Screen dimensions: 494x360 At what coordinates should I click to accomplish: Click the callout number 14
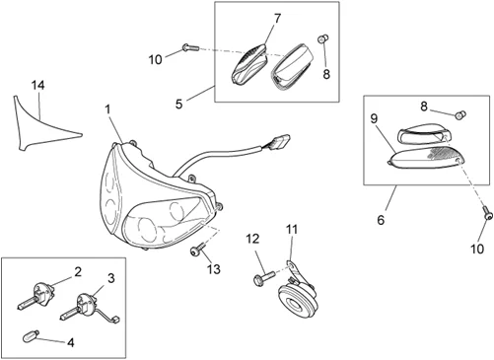37,85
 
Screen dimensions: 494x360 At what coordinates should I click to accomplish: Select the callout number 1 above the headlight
108,109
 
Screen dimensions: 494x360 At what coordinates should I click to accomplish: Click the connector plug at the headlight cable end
280,141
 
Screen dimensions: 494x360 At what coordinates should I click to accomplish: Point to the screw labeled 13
198,250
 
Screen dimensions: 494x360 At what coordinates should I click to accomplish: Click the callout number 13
214,269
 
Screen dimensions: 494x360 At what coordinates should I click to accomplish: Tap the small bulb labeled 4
31,337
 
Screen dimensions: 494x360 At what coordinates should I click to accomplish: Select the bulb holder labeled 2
35,297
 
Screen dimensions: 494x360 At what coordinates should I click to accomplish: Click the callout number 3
111,278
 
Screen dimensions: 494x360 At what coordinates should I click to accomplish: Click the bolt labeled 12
264,277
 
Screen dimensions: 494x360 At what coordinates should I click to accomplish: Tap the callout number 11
292,229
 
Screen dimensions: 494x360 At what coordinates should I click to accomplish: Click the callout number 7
278,19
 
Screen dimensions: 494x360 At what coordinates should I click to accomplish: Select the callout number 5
178,105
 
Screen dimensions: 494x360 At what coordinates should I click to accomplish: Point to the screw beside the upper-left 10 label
189,47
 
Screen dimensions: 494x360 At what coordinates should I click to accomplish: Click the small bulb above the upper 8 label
323,39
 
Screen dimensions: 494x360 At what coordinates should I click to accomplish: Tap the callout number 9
374,118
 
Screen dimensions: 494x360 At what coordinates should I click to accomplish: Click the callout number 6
381,220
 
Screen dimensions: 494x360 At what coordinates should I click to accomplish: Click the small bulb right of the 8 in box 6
460,115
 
